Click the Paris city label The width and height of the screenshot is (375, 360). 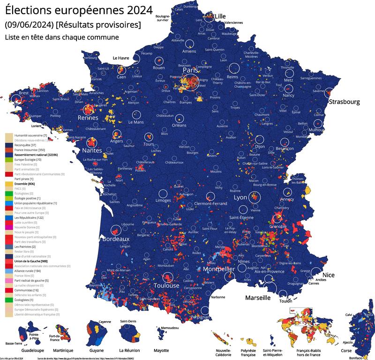pyautogui.click(x=191, y=70)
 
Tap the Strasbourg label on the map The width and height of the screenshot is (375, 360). pyautogui.click(x=344, y=101)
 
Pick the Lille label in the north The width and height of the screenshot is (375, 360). pyautogui.click(x=220, y=16)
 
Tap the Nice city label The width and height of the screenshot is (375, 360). pyautogui.click(x=329, y=275)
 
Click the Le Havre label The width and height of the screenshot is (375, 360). pyautogui.click(x=120, y=58)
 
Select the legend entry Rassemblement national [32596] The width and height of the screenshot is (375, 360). pyautogui.click(x=36, y=155)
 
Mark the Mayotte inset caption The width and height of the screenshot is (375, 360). pyautogui.click(x=161, y=350)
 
